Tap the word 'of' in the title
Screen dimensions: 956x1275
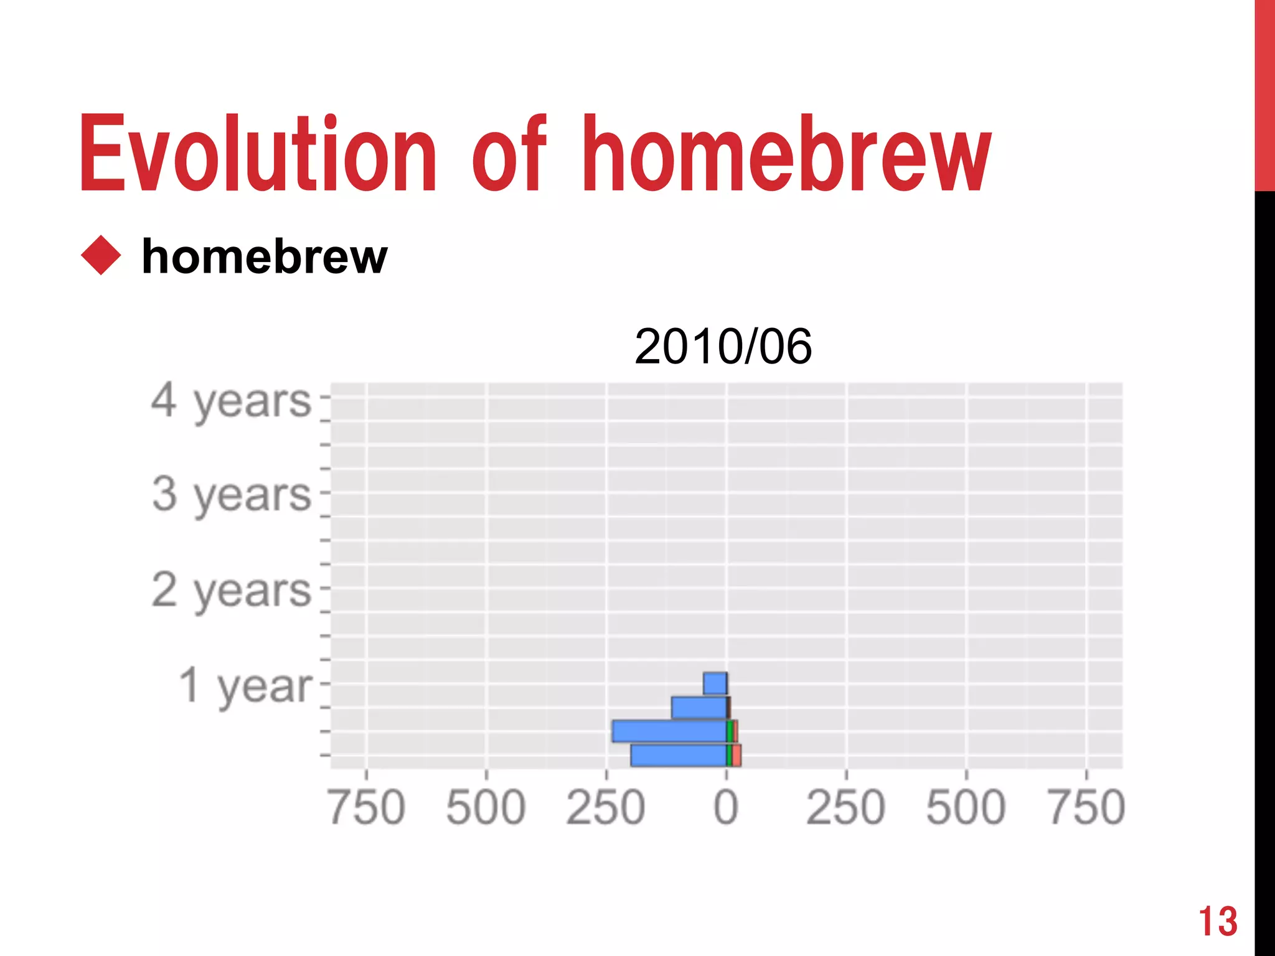509,154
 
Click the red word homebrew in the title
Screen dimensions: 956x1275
786,154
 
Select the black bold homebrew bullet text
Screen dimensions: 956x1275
265,256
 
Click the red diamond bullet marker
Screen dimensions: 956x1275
101,255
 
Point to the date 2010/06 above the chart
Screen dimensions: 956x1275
723,347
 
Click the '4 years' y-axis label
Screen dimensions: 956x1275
231,401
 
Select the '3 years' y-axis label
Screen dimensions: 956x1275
231,495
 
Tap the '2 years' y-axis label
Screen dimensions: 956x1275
231,590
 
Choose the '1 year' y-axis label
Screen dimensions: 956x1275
245,685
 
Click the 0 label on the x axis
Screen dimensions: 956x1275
726,807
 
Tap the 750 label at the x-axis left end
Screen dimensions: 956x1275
367,807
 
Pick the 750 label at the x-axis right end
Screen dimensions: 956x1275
1086,807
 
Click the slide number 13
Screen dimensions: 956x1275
1218,921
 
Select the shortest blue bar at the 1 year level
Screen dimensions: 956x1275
715,683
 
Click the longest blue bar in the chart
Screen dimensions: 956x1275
669,731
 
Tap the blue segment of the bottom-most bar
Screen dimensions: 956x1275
678,756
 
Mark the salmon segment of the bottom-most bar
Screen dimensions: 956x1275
736,756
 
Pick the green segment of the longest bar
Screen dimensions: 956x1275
730,731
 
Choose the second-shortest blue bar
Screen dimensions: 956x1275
699,708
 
